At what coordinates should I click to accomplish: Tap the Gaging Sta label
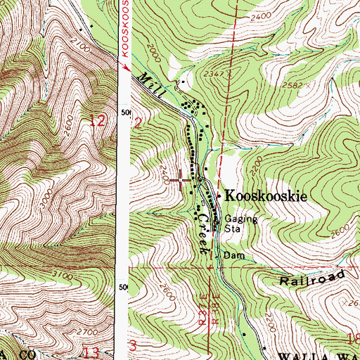tap(232, 224)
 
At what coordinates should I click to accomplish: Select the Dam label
tap(234, 255)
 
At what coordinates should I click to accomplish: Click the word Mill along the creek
tap(149, 84)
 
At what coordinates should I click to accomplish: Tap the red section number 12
tap(98, 121)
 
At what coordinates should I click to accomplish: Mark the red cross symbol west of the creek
tap(181, 181)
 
